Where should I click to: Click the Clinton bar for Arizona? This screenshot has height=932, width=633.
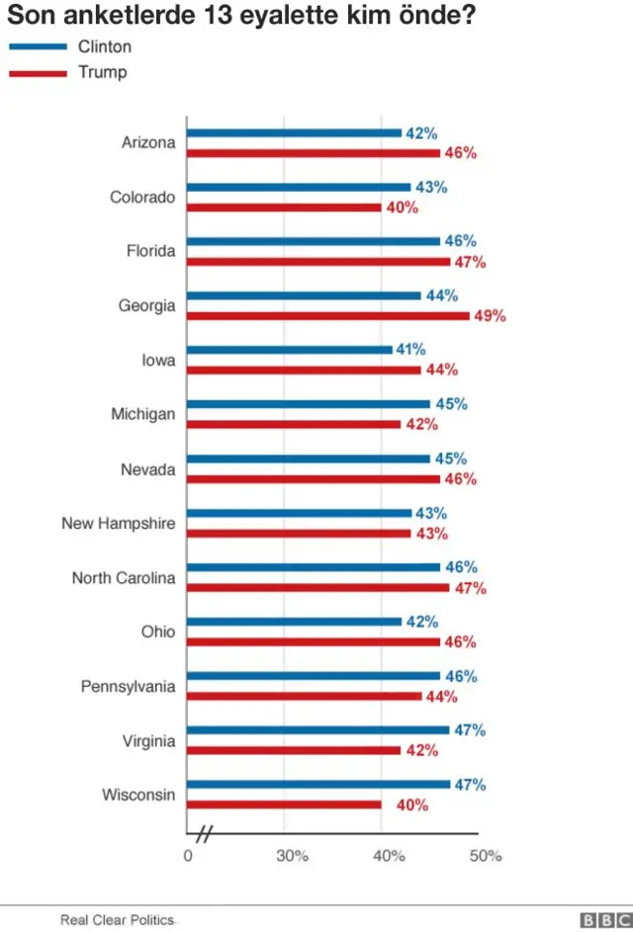(294, 132)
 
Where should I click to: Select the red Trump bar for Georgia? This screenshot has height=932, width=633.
(328, 316)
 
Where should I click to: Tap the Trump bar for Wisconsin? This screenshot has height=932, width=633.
(285, 805)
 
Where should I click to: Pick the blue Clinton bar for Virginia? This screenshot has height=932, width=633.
(318, 730)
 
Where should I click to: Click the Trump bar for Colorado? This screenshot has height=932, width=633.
(285, 208)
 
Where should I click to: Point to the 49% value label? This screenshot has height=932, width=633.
(491, 316)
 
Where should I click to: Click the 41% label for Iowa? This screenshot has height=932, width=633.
(410, 350)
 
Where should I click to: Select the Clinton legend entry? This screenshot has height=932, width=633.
(69, 47)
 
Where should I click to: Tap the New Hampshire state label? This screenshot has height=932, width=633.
(118, 524)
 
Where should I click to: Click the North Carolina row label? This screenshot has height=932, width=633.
(123, 578)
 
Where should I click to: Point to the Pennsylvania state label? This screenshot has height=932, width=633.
(128, 687)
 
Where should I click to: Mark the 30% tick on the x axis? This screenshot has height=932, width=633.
(292, 856)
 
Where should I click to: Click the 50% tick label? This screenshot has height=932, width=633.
(486, 856)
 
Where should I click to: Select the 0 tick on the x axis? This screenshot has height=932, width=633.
(188, 856)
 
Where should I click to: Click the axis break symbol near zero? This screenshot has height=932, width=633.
(205, 833)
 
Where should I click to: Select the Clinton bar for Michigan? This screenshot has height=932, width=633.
(309, 404)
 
